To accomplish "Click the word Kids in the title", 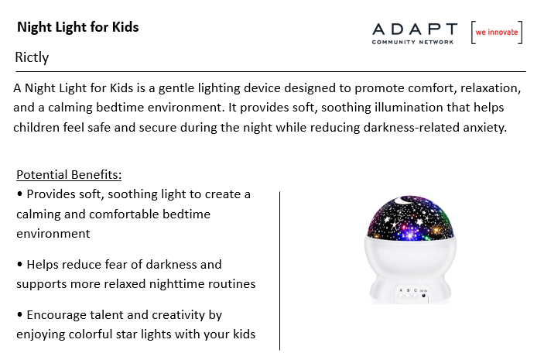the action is click(x=125, y=27).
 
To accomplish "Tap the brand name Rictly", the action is click(x=32, y=57).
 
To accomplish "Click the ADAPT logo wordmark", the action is click(x=415, y=29).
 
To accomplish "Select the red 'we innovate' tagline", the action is click(x=497, y=32).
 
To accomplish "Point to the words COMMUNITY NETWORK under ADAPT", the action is click(x=412, y=42).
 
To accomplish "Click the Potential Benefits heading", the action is click(x=69, y=175).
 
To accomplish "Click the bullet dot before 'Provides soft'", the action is click(x=20, y=194).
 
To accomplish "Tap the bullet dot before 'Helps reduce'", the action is click(x=20, y=264).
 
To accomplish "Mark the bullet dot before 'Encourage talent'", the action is click(x=20, y=314).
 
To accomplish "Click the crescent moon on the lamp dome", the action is click(x=403, y=200).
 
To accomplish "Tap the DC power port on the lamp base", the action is click(x=423, y=296).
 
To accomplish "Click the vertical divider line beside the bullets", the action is click(x=279, y=270).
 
